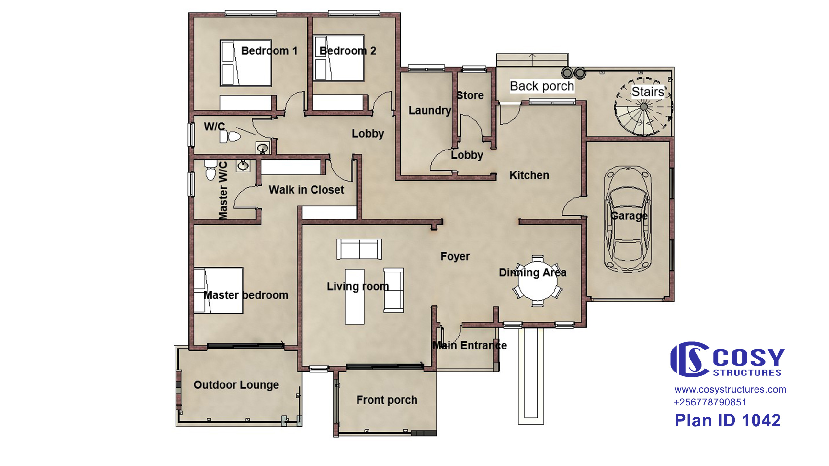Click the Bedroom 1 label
tap(269, 51)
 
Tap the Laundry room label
tap(430, 111)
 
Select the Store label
tap(470, 95)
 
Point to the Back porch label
tap(542, 86)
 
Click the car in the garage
tap(628, 219)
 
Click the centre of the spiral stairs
tap(644, 106)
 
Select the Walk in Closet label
tap(306, 190)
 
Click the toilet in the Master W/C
tap(210, 170)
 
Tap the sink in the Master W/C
tap(243, 166)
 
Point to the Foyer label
tap(455, 257)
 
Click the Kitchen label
tap(529, 175)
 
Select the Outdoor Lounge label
tap(236, 385)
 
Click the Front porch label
tap(387, 400)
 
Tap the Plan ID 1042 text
tap(728, 420)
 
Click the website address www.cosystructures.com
tap(730, 390)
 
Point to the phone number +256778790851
tap(710, 402)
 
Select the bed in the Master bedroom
tap(218, 291)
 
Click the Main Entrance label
tap(470, 346)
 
